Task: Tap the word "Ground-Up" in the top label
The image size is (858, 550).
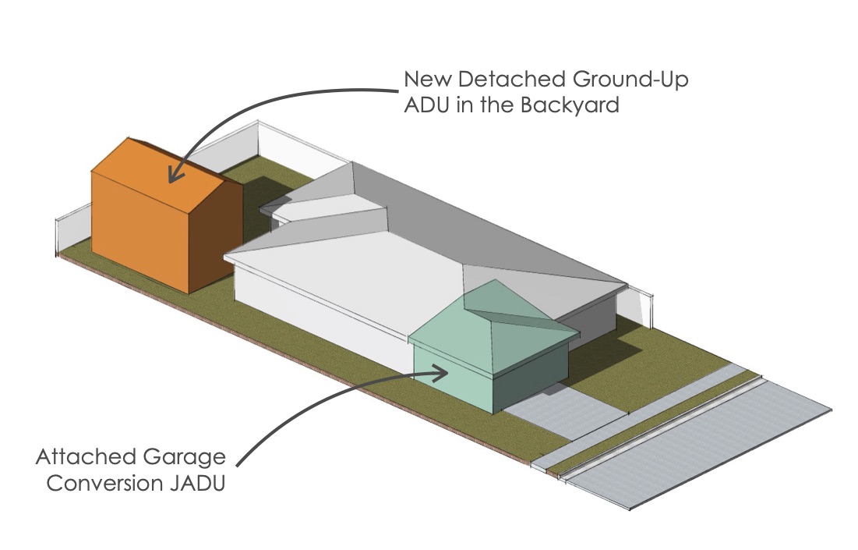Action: tap(630, 80)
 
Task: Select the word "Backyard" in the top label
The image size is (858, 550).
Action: tap(570, 105)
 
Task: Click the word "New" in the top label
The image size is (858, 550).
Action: tap(428, 80)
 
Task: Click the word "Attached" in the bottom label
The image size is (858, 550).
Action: tap(86, 457)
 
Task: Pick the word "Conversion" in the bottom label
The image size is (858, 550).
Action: tap(104, 483)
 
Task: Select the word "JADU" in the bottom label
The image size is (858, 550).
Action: tap(197, 483)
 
